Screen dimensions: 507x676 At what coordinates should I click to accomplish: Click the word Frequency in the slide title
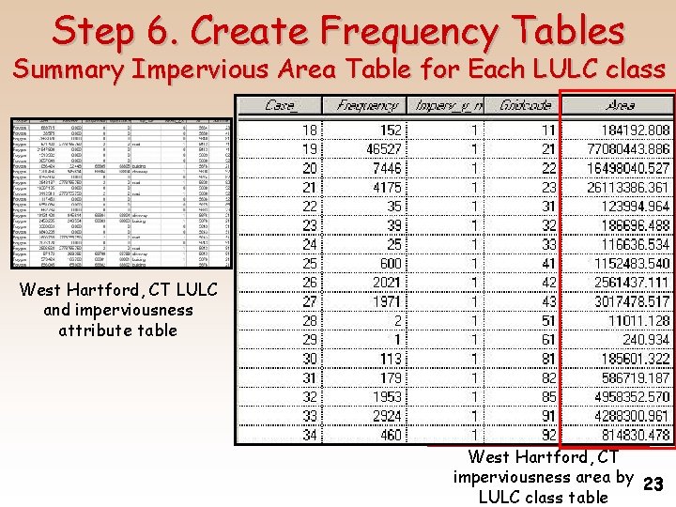pos(408,31)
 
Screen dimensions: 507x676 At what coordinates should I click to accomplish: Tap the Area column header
pos(620,106)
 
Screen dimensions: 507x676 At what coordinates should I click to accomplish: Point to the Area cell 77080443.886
pos(628,149)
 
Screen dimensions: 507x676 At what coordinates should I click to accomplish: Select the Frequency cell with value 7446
pos(384,168)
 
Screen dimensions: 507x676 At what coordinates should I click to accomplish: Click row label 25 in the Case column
pos(309,264)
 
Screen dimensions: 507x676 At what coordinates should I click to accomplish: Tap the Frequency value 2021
pos(384,283)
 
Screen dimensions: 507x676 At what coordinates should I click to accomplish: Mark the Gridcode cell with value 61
pos(548,340)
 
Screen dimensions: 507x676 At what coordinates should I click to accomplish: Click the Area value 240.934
pos(645,340)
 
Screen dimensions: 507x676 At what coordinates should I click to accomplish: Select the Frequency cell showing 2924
pos(384,416)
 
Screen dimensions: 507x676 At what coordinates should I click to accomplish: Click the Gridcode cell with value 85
pos(548,397)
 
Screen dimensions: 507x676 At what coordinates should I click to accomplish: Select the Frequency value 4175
pos(384,188)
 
